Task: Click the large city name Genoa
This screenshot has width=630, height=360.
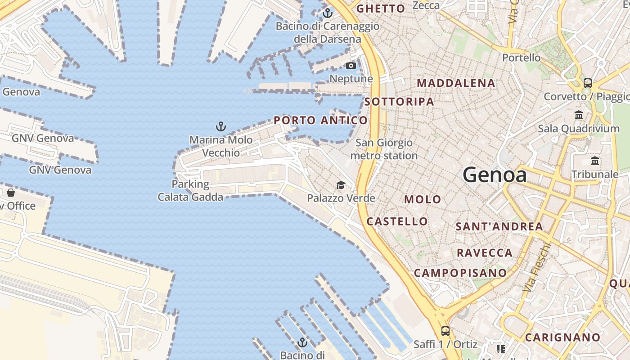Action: click(495, 175)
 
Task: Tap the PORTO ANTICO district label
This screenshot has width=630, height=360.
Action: click(320, 120)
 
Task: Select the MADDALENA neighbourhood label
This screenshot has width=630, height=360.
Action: click(456, 83)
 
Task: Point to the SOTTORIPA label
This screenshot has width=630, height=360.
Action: click(399, 102)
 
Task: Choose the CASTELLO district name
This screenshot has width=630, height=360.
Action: click(397, 221)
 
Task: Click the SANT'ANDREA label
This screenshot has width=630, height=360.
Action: click(499, 226)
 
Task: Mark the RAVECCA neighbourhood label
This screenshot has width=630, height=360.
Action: click(485, 253)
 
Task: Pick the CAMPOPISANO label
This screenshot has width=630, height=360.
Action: click(460, 273)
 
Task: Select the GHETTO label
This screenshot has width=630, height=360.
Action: click(381, 9)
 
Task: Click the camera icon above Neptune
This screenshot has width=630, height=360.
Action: click(351, 66)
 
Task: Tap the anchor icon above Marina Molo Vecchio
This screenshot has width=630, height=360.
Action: click(220, 126)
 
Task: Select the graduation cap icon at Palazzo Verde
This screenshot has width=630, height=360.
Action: click(341, 185)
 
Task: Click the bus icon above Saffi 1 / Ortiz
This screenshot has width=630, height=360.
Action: click(445, 331)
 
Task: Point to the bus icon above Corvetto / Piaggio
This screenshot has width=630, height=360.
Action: click(587, 83)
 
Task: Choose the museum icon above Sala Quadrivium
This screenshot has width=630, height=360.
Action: click(579, 115)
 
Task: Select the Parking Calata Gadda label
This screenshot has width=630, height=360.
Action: click(190, 190)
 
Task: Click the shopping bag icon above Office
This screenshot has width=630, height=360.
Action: click(11, 193)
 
